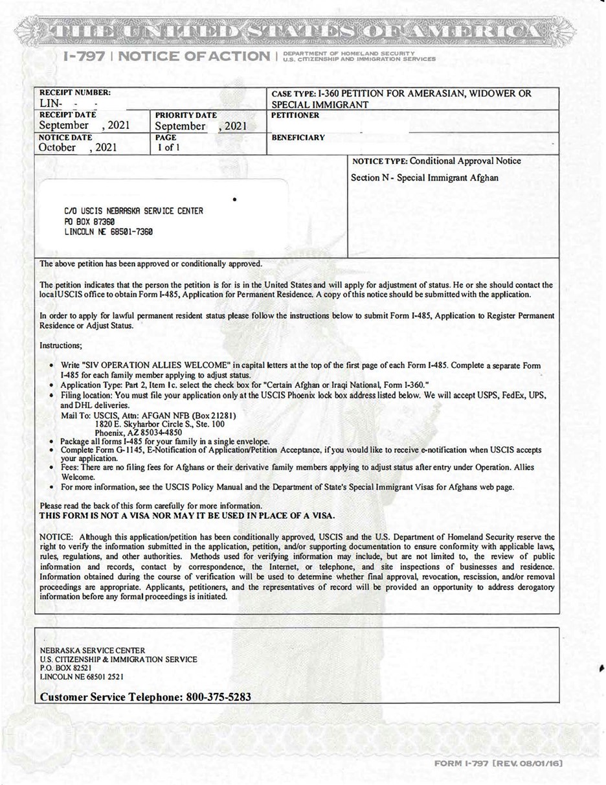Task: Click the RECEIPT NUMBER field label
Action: pyautogui.click(x=75, y=93)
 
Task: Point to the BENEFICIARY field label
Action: pyautogui.click(x=298, y=138)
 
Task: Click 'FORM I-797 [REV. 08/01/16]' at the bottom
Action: pyautogui.click(x=498, y=764)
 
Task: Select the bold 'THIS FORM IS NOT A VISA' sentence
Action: pyautogui.click(x=187, y=516)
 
